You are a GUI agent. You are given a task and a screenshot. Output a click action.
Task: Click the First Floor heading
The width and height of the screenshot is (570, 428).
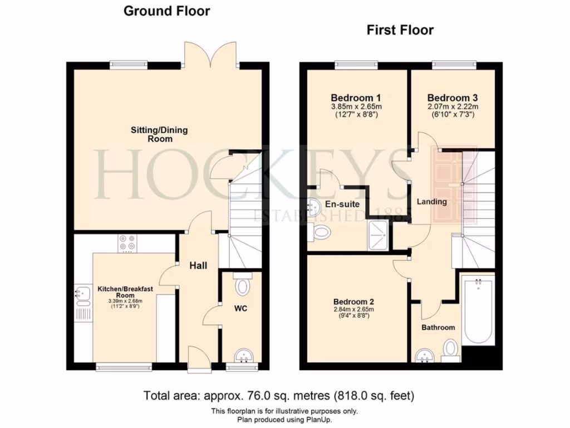(x=400, y=30)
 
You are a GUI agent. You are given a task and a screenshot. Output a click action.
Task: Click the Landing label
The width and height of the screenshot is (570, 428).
(x=432, y=202)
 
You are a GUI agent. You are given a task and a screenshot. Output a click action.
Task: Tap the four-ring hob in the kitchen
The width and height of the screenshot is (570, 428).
(x=126, y=243)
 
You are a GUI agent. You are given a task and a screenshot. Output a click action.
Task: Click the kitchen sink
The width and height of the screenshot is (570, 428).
(x=82, y=294)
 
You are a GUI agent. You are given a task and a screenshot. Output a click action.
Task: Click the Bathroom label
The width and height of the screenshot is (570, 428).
(x=438, y=327)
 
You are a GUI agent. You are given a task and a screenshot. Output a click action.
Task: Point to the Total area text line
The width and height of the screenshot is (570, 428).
(x=279, y=396)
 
